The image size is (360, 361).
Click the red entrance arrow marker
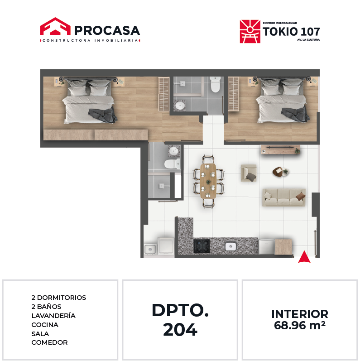304,257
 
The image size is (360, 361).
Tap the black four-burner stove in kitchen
202,246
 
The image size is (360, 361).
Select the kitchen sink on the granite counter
230,246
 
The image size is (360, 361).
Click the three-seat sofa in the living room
284,197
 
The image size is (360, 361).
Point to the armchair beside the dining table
249,173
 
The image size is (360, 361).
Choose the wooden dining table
208,181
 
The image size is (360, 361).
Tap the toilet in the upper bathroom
216,85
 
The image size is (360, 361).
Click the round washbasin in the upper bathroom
179,106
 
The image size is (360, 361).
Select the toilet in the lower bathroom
172,164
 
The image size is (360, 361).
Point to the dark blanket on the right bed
296,114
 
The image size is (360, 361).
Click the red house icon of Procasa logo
55,26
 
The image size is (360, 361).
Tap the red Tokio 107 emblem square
250,32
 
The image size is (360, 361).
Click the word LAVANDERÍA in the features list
53,316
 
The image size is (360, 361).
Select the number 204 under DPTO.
180,330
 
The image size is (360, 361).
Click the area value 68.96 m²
300,325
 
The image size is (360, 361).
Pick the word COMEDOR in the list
49,342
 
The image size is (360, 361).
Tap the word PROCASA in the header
107,30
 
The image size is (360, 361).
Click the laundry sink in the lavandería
150,249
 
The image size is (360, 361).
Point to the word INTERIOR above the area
300,314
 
